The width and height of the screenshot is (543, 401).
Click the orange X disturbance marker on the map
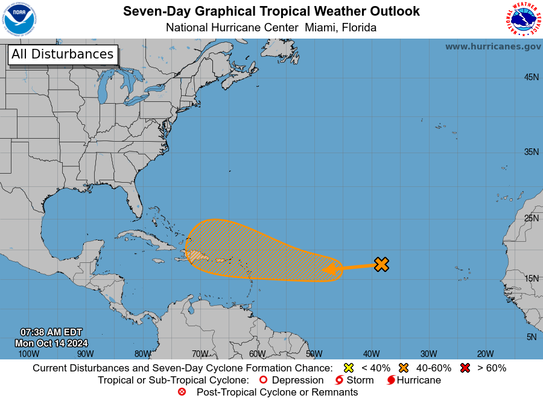(x=381, y=264)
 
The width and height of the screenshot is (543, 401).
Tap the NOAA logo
(x=19, y=19)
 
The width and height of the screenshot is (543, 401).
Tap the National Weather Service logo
(x=522, y=19)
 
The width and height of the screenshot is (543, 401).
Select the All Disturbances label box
(x=62, y=54)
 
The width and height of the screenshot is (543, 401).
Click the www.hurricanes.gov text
(x=493, y=46)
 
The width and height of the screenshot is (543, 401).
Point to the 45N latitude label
(x=531, y=77)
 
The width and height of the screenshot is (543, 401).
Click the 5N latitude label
(x=532, y=337)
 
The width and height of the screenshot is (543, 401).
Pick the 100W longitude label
(x=28, y=354)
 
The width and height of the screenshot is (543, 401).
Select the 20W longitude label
(x=485, y=354)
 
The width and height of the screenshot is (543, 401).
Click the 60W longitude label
(x=257, y=354)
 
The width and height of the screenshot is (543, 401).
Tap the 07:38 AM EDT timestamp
(x=51, y=332)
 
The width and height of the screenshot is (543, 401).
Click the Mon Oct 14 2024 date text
(x=52, y=343)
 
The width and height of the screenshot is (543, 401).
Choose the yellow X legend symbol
(x=348, y=368)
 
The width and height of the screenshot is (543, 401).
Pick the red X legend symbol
(x=466, y=368)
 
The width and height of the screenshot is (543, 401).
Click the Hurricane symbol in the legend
(x=392, y=380)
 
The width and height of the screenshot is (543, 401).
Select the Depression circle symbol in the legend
(x=262, y=380)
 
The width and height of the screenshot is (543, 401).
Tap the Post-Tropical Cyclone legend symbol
(x=182, y=392)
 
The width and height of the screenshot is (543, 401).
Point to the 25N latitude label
(x=531, y=218)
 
